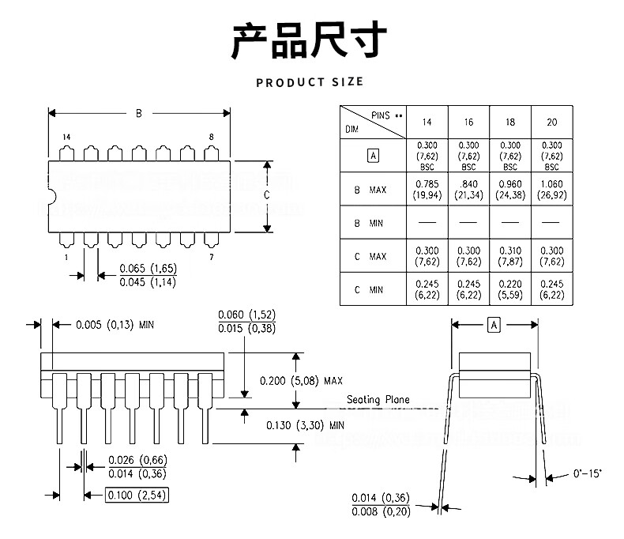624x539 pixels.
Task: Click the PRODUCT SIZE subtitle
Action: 310,82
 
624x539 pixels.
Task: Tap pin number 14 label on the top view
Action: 66,137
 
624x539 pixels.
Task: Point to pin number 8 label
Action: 211,137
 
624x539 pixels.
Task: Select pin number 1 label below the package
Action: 66,258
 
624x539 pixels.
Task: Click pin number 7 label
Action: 211,258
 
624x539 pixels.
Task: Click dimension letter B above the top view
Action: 138,114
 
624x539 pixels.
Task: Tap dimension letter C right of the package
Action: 266,194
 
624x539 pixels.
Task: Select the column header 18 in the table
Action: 510,122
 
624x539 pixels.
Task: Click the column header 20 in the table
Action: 551,122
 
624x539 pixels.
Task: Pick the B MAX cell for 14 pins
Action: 427,190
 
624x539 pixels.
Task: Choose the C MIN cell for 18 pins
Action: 510,289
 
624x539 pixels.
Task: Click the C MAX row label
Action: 370,256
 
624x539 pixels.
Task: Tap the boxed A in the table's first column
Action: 374,156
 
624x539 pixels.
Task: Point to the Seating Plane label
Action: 378,400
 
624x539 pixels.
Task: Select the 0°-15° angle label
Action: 587,474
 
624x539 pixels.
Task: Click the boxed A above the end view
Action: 494,326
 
